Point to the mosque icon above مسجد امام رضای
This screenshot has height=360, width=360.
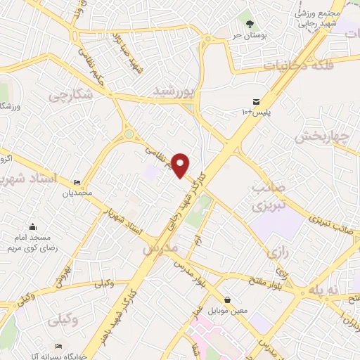coord(32,226)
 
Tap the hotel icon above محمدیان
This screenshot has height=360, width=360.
coord(76,183)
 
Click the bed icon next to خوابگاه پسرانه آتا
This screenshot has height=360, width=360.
coord(59,347)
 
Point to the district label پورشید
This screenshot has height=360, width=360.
coord(173,91)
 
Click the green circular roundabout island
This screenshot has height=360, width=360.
coord(129,134)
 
